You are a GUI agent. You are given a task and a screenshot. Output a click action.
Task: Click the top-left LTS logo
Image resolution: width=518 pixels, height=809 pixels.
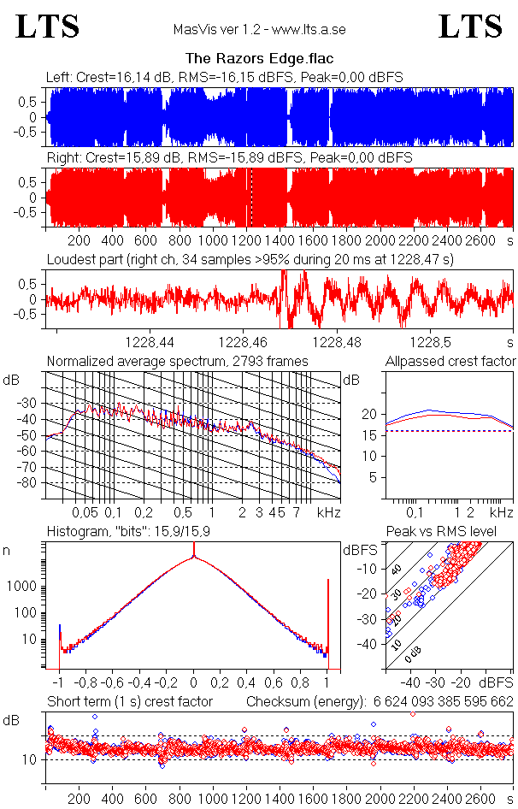pyautogui.click(x=47, y=27)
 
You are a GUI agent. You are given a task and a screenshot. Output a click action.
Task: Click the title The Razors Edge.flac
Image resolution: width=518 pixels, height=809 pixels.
pyautogui.click(x=260, y=58)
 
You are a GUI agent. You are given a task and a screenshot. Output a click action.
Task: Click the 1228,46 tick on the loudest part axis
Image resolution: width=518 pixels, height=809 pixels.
pyautogui.click(x=243, y=342)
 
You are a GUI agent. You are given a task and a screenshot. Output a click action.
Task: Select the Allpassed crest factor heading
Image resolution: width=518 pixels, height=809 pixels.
pyautogui.click(x=450, y=362)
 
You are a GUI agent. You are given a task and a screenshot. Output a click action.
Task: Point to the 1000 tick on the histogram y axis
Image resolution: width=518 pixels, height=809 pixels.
pyautogui.click(x=21, y=587)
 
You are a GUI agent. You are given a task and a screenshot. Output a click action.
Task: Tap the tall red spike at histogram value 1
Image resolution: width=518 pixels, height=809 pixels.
pyautogui.click(x=327, y=624)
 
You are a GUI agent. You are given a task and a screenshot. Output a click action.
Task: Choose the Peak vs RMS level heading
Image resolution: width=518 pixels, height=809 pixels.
pyautogui.click(x=441, y=531)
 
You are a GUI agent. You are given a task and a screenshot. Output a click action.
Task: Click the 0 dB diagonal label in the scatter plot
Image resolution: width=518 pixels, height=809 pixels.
pyautogui.click(x=413, y=655)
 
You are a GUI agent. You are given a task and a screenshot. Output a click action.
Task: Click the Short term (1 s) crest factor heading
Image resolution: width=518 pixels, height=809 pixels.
pyautogui.click(x=130, y=702)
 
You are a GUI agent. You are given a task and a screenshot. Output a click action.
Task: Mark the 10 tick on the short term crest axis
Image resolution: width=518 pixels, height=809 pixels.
pyautogui.click(x=27, y=759)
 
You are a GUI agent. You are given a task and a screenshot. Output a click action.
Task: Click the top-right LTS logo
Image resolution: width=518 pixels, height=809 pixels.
pyautogui.click(x=470, y=27)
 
